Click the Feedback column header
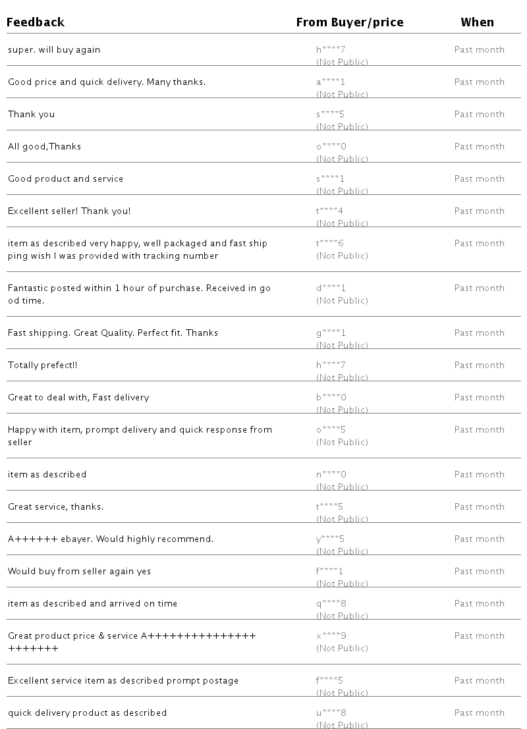tap(36, 22)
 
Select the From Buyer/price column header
tap(349, 22)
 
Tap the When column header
tap(477, 22)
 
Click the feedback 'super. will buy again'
tap(54, 50)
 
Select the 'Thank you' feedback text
tap(32, 115)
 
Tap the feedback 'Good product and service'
tap(65, 179)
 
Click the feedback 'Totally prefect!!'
tap(42, 365)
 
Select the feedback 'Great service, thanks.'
tap(55, 507)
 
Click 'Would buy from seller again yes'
tap(79, 572)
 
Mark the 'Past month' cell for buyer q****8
tap(479, 604)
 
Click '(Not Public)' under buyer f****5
tap(342, 693)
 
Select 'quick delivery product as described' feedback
tap(87, 713)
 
